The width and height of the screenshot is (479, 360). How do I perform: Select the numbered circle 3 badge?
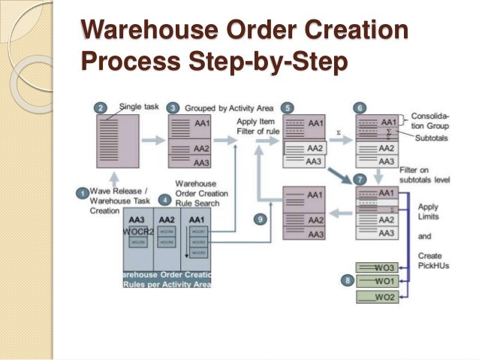point(173,107)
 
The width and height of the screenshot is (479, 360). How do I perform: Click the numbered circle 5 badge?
point(289,107)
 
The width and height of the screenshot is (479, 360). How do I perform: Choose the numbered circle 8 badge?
point(346,281)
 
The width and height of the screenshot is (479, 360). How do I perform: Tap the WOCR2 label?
point(137,231)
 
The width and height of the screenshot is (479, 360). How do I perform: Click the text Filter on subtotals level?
point(426,175)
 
